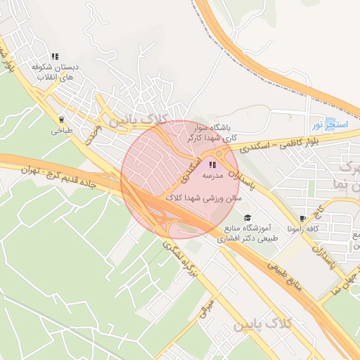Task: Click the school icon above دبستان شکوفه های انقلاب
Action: (x=54, y=56)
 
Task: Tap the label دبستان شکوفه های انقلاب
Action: (x=54, y=71)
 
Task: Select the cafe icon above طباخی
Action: (x=61, y=120)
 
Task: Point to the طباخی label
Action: (x=61, y=130)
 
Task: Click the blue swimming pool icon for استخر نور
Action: (x=330, y=125)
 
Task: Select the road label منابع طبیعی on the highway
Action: (x=286, y=271)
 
